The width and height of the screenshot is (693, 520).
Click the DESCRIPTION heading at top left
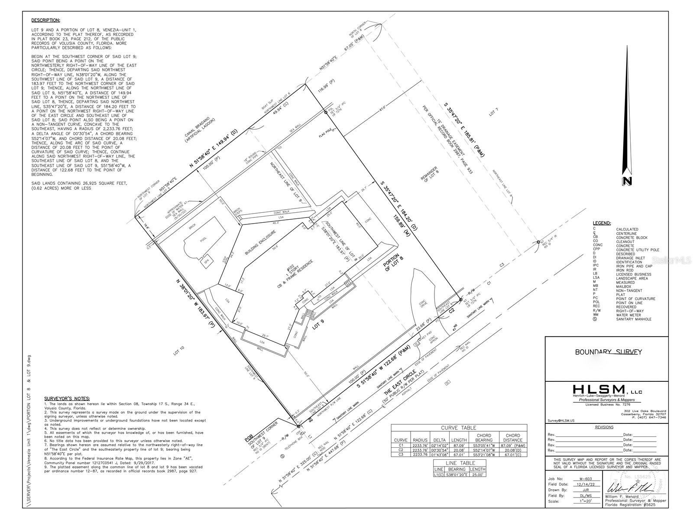pyautogui.click(x=45, y=20)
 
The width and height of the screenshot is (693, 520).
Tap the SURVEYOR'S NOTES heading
pyautogui.click(x=67, y=398)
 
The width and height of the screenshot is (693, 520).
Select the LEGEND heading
pyautogui.click(x=602, y=223)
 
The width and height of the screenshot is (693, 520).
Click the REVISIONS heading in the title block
pyautogui.click(x=604, y=427)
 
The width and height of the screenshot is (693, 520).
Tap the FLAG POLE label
pyautogui.click(x=325, y=136)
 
